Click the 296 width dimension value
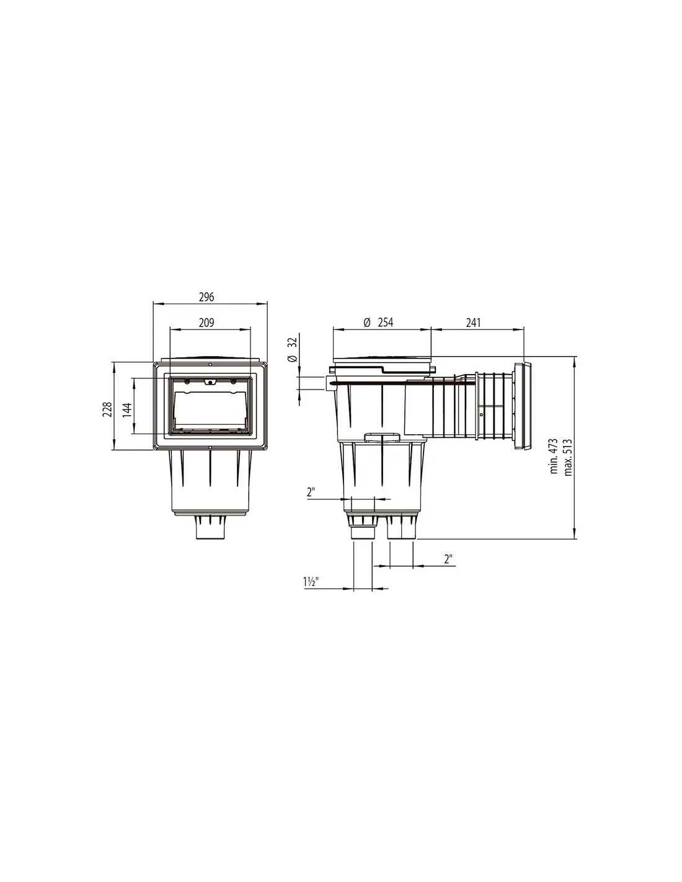click(206, 297)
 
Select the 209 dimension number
click(206, 323)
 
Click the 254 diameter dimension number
click(386, 323)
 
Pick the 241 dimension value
click(473, 323)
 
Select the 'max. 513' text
click(567, 457)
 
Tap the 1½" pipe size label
click(311, 582)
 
